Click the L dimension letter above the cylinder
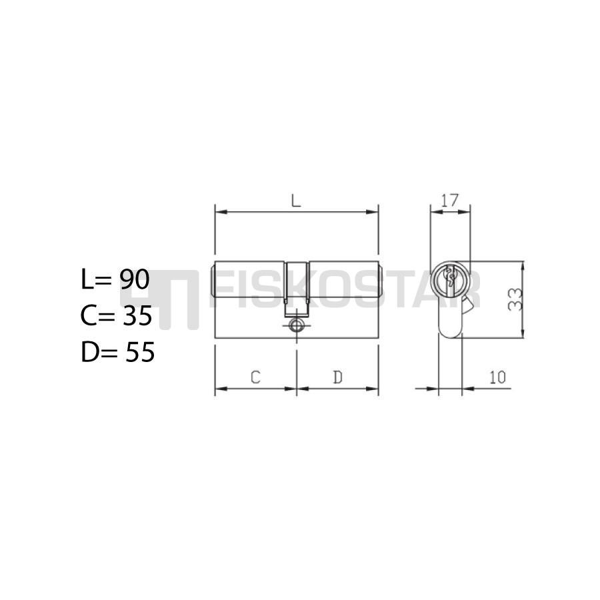click(x=296, y=201)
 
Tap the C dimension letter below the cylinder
click(x=255, y=377)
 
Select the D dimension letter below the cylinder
click(x=337, y=377)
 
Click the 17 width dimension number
click(x=449, y=200)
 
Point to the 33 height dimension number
click(x=515, y=299)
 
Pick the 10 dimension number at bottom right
click(x=497, y=377)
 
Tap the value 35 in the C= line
click(x=137, y=315)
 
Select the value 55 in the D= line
click(x=140, y=351)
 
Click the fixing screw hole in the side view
click(x=296, y=325)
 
